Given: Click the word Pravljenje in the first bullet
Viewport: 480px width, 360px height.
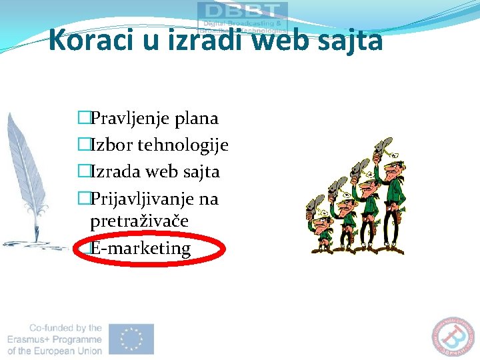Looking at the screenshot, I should (129, 119).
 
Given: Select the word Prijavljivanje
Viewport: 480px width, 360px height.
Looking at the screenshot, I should (145, 199).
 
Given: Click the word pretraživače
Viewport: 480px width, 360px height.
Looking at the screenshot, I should (139, 221).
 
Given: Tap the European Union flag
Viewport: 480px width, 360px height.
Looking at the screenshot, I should (132, 339).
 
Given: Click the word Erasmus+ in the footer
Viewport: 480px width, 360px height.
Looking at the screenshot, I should (33, 339).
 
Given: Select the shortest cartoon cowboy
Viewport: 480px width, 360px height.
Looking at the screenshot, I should (321, 230).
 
